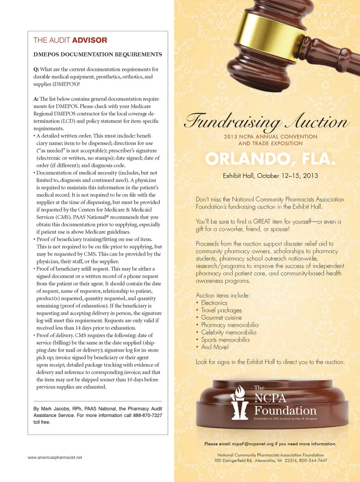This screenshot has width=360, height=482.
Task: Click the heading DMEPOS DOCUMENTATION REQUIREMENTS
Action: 97,54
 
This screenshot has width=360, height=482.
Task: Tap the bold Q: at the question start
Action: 36,69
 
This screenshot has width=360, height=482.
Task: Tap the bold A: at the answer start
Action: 36,99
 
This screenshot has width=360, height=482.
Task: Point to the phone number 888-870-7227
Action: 147,416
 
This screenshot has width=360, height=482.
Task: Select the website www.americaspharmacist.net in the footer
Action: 55,458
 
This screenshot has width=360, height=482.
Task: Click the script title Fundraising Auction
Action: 267,122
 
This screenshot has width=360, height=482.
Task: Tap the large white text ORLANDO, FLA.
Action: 270,159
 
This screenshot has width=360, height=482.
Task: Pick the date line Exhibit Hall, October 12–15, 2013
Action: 270,176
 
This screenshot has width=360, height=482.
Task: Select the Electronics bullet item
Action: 214,303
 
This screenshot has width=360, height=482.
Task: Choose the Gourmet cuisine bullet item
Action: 221,318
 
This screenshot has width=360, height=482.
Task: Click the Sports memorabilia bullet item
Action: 225,340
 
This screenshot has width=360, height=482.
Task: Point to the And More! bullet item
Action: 215,347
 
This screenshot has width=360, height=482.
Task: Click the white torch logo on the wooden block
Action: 239,403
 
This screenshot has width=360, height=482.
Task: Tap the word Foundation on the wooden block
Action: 285,410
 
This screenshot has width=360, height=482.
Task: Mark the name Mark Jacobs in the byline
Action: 55,409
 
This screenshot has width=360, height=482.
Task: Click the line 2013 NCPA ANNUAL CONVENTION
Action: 270,137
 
